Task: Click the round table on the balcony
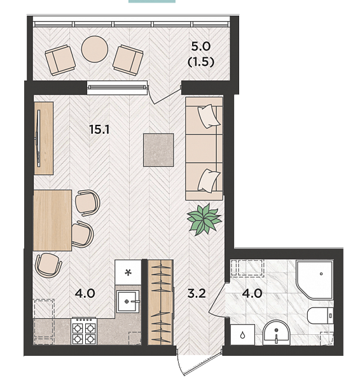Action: [94, 49]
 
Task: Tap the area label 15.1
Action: [99, 129]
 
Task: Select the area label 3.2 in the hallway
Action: [197, 293]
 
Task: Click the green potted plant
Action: [204, 220]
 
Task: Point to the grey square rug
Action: [158, 150]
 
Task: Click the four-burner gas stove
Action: [84, 331]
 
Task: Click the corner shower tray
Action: [314, 279]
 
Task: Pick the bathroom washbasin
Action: [276, 332]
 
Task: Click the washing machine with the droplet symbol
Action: [242, 334]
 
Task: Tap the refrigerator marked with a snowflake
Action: [128, 272]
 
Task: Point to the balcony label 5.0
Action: [201, 46]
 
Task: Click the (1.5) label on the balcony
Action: [201, 62]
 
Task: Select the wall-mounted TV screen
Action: [38, 138]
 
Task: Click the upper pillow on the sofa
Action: [209, 116]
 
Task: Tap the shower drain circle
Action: [321, 274]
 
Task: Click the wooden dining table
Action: [52, 220]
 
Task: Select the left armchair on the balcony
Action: [60, 60]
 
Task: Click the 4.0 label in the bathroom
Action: [253, 293]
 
